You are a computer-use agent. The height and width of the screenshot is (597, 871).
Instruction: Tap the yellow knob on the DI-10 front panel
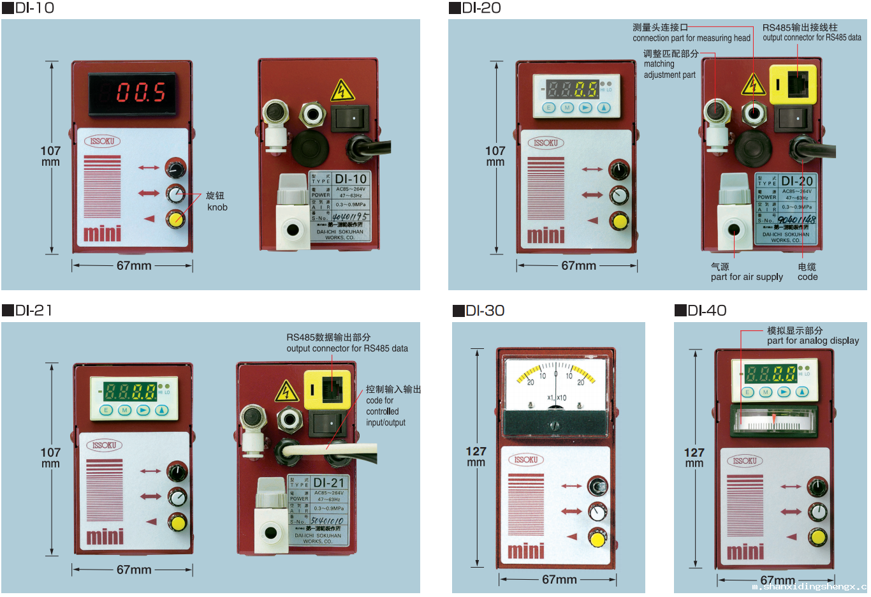point(175,219)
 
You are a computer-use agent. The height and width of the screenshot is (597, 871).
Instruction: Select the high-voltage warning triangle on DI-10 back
point(342,91)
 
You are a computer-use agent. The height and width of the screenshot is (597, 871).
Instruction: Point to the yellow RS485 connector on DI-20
point(793,84)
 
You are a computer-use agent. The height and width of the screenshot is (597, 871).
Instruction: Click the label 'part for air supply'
point(747,277)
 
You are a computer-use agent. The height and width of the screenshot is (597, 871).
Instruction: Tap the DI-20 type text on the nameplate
point(797,181)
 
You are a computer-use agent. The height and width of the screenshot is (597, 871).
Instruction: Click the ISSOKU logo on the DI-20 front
point(546,143)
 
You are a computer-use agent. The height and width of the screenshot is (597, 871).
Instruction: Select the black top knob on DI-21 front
point(177,472)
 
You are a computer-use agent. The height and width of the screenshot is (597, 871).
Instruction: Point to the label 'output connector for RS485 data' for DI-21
point(347,348)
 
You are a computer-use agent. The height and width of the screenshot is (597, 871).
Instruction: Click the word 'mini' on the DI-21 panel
point(105,536)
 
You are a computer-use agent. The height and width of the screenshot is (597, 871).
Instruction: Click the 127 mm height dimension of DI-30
point(476,456)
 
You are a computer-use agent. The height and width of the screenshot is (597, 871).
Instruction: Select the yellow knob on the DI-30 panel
point(597,539)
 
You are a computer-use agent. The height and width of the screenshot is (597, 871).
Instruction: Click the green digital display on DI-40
point(770,373)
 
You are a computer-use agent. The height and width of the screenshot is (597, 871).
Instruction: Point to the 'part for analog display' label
point(813,341)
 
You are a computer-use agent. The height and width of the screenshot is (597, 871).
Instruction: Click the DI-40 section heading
point(701,311)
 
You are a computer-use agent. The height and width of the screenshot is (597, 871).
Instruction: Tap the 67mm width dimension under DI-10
point(134,265)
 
